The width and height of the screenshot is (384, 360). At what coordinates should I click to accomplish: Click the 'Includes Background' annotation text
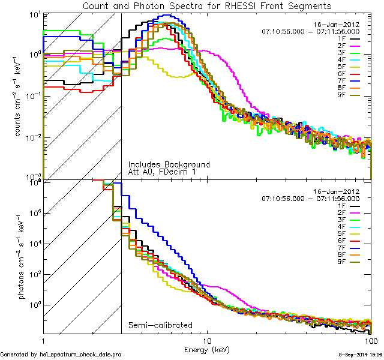click(169, 164)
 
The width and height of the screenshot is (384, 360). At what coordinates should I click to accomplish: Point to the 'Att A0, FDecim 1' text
click(162, 172)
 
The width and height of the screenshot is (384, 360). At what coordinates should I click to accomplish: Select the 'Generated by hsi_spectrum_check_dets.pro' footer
click(61, 355)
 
